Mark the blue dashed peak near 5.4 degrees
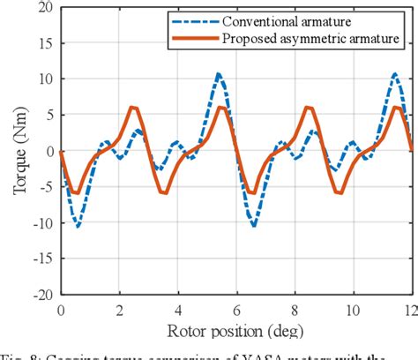[x=219, y=74]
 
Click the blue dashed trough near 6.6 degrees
[x=254, y=226]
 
